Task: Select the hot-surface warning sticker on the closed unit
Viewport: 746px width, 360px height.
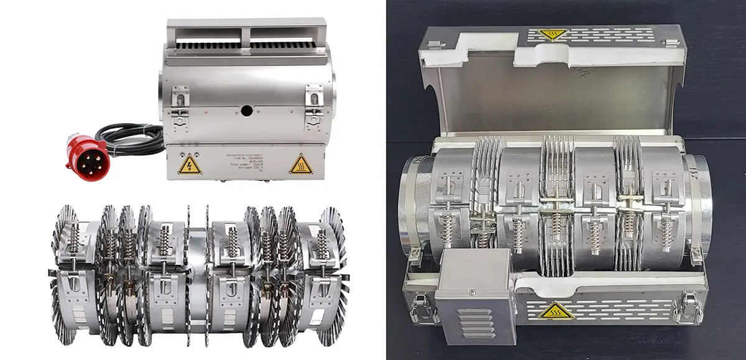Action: click(300, 164)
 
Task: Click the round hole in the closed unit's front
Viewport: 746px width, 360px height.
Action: click(247, 111)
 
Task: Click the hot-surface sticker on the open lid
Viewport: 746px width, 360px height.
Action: click(549, 35)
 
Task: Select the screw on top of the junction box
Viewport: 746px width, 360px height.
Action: click(472, 292)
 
